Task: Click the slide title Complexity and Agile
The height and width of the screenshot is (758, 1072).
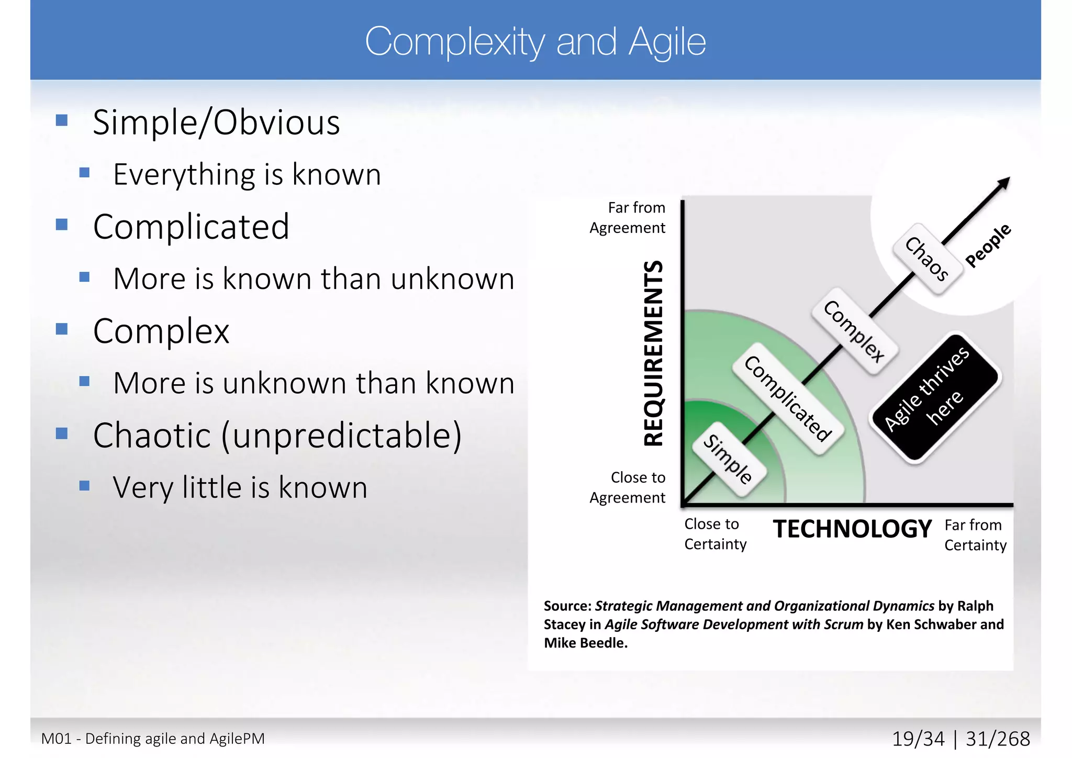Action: [535, 42]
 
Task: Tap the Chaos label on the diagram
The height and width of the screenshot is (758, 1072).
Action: [927, 259]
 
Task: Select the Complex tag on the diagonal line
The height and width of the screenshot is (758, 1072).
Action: [854, 331]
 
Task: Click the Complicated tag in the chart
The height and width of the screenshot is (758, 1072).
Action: [788, 399]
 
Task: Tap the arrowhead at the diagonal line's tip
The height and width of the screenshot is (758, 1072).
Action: [1004, 183]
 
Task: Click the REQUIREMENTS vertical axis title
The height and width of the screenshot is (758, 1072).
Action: [653, 353]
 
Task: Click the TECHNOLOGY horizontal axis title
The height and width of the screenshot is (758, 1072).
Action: [852, 529]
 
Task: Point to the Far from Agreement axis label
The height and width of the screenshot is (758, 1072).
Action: [628, 218]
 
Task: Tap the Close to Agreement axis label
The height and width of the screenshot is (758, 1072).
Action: [628, 487]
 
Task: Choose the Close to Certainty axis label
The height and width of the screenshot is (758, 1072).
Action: [715, 534]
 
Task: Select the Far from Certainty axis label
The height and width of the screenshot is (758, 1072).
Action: [975, 535]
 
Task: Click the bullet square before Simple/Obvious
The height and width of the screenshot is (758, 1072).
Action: [62, 121]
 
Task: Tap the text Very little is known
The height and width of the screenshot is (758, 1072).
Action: [240, 487]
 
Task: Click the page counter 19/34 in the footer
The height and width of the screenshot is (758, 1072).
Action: [918, 739]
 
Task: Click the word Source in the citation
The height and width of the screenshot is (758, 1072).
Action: [567, 606]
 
